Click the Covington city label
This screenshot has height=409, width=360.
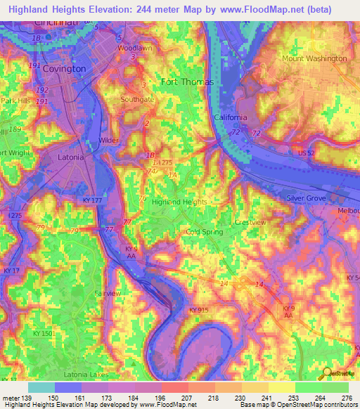point(64,69)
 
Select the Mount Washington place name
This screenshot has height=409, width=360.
point(314,58)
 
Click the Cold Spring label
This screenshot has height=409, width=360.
point(204,231)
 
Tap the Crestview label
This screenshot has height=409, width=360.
point(250,222)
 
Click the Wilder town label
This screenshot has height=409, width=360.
point(109,141)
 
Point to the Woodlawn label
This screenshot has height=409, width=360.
point(134,48)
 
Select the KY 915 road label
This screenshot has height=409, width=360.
point(200,310)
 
